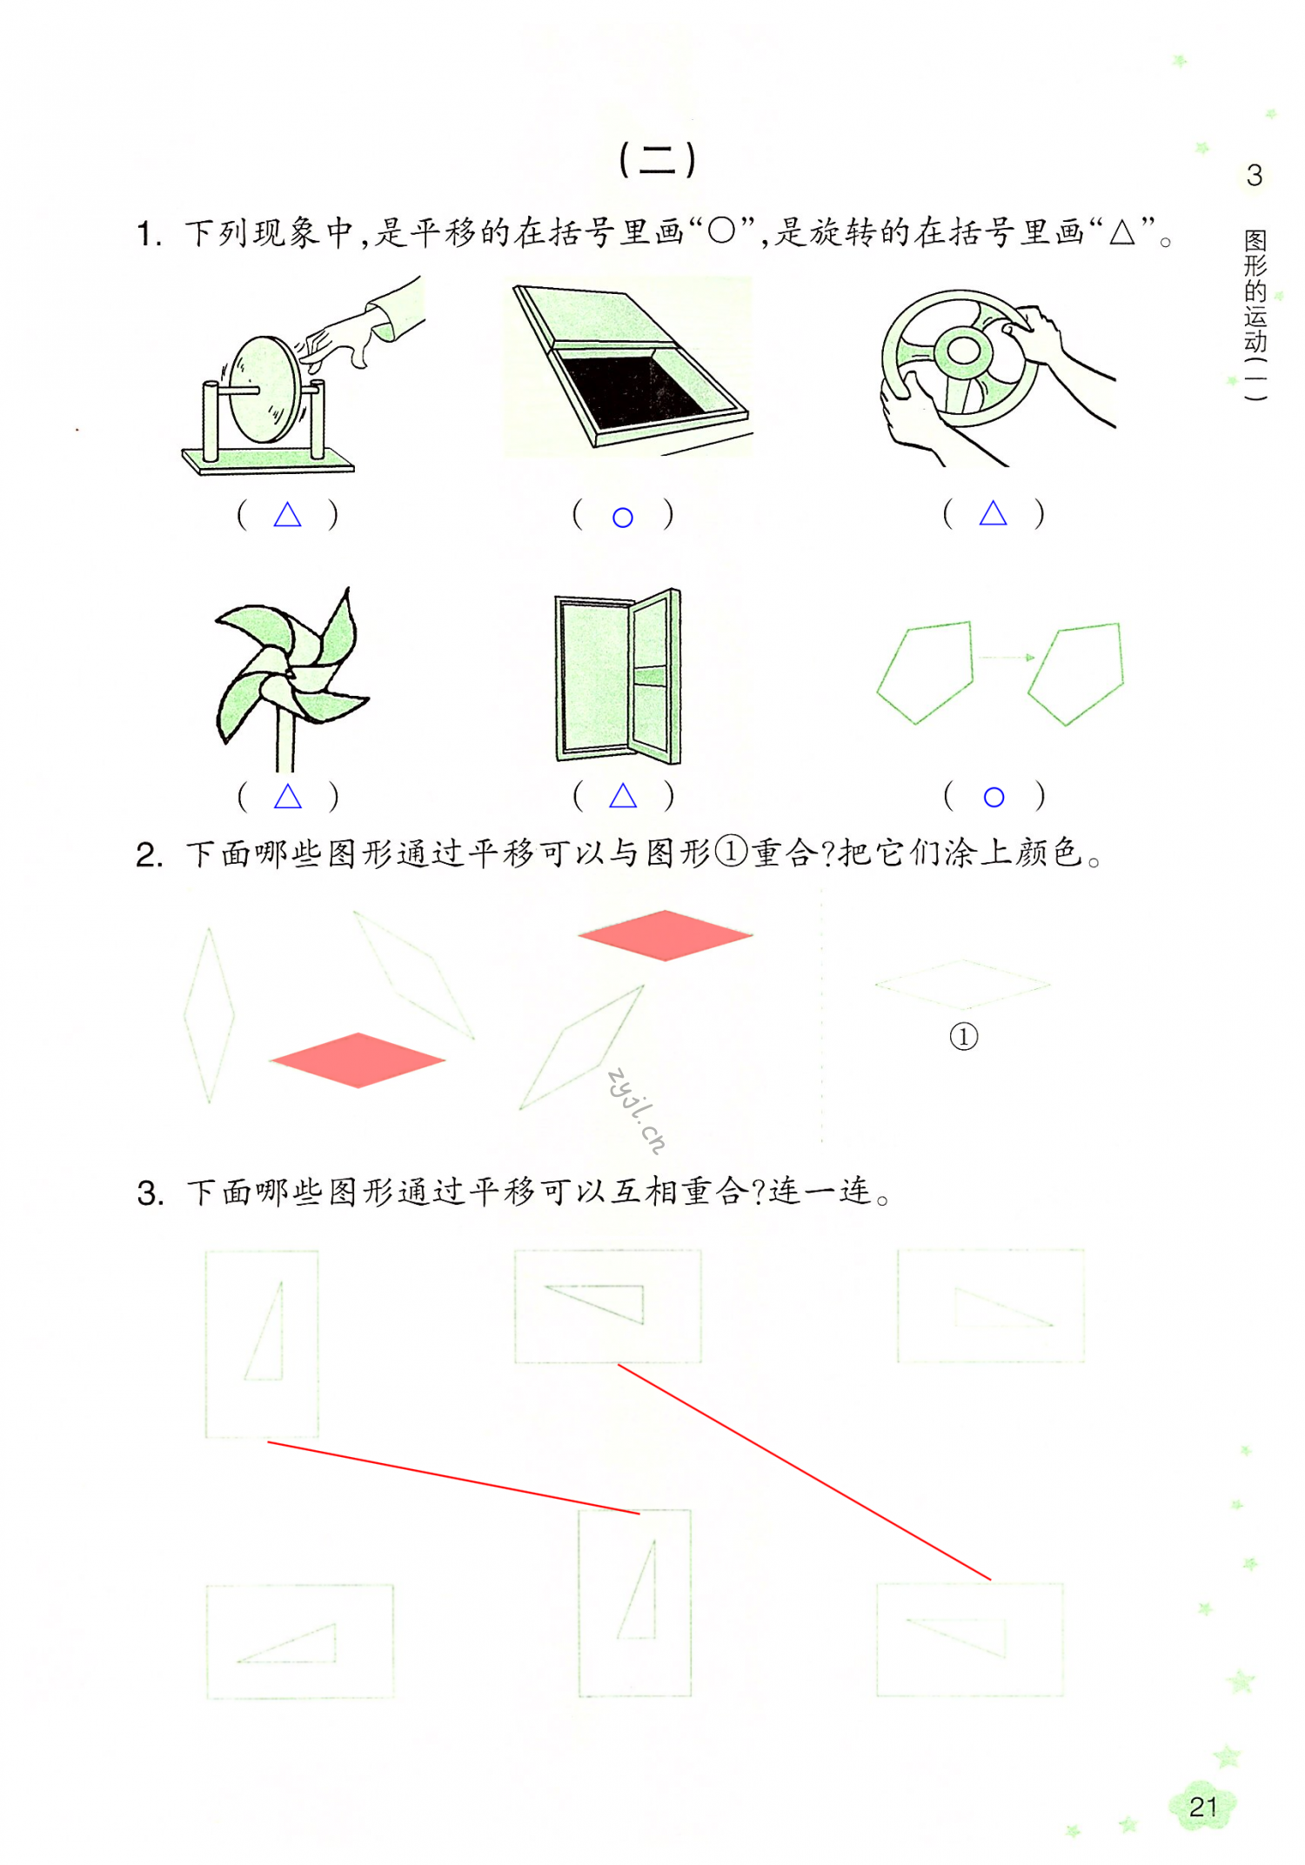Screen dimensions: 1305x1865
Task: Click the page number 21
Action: coord(1202,1807)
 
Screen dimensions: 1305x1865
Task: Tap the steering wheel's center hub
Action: coord(963,351)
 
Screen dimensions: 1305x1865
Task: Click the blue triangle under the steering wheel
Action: coord(993,514)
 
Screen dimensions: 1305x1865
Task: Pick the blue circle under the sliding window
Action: coord(622,518)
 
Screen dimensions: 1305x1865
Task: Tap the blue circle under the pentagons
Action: coord(994,797)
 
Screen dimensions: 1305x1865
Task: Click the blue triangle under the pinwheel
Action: coord(288,796)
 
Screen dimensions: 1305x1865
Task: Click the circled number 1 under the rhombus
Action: coord(963,1036)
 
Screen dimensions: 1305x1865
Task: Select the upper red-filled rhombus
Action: coord(666,935)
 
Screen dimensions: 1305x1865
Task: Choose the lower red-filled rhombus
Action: coord(358,1060)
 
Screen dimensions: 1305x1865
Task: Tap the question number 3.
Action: coord(150,1193)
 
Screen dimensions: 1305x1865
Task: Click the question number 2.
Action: coord(149,855)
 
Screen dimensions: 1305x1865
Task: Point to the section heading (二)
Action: coord(657,159)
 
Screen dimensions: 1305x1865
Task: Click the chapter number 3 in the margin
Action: coord(1254,175)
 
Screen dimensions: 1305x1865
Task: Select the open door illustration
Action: coord(618,676)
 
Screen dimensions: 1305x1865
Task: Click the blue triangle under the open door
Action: coord(623,795)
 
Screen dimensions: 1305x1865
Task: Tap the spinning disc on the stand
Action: coord(265,389)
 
